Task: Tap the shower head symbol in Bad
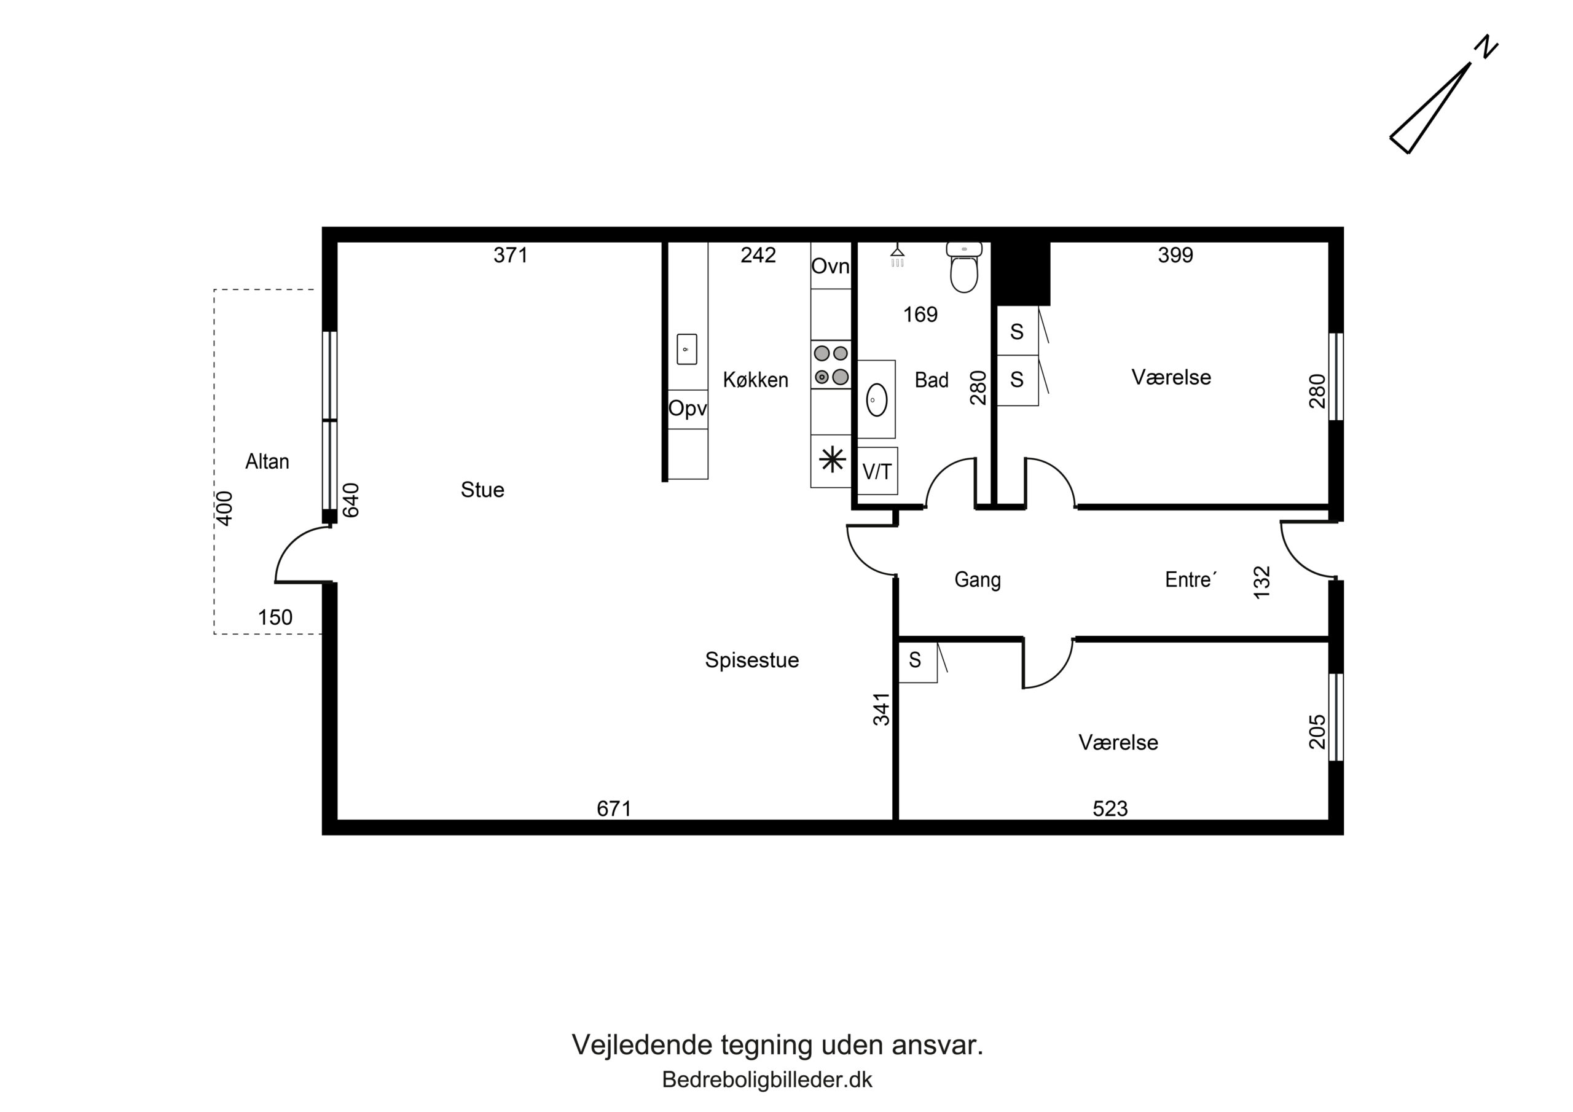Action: (898, 257)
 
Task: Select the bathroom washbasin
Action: (877, 399)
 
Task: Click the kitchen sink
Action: (686, 349)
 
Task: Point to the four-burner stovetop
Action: (831, 364)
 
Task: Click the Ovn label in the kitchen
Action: (830, 266)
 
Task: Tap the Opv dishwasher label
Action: (687, 409)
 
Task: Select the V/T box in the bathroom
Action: (877, 471)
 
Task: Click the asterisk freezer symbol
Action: (833, 459)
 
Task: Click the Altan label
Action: (267, 462)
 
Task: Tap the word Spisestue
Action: (752, 660)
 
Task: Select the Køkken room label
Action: (756, 380)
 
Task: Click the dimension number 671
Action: (614, 809)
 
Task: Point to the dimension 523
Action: (1110, 809)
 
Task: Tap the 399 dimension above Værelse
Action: (1175, 255)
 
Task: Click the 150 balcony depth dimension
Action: (275, 617)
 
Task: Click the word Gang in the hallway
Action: (978, 581)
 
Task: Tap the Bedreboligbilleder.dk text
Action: (767, 1080)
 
